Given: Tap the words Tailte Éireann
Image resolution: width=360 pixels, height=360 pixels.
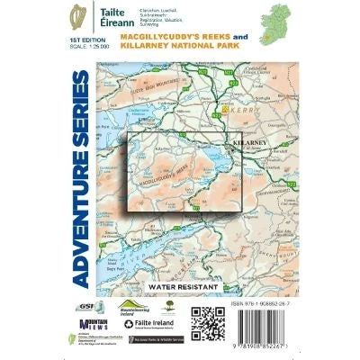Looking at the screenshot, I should click(x=112, y=17).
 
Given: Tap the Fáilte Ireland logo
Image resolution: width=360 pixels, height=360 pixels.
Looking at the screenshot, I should click(x=157, y=323).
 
